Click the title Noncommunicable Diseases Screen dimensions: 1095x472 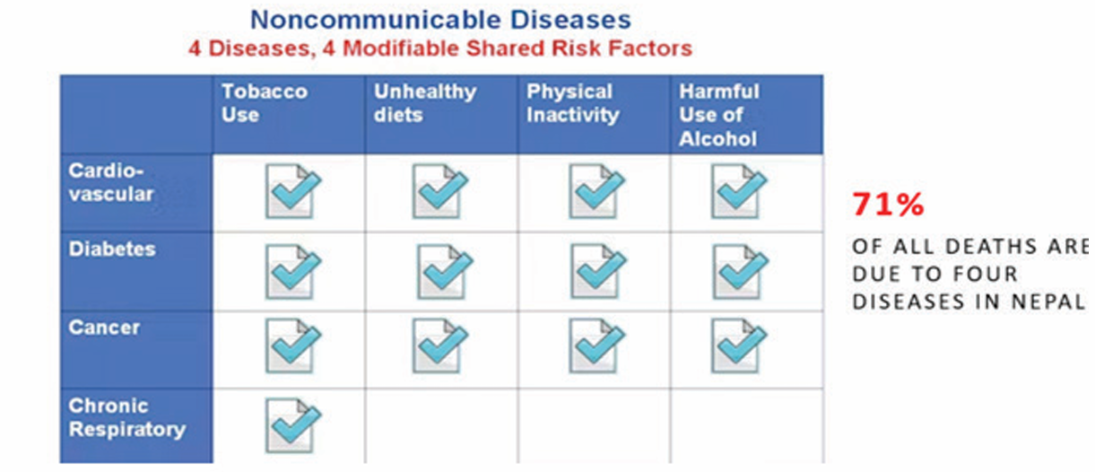coord(440,20)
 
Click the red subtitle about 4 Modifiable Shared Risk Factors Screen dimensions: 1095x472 coord(440,48)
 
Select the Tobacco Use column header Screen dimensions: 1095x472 coord(265,102)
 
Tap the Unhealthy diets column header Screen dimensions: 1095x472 coord(425,102)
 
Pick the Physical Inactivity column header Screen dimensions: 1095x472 coord(572,102)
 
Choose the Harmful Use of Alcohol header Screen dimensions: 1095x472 coord(718,115)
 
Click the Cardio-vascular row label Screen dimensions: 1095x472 coord(111,182)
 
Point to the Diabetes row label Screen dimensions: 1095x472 coord(112,249)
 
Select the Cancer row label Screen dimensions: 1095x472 coord(104,328)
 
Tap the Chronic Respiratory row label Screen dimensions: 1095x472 coord(127,417)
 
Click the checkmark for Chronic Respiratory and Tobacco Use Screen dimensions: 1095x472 coord(293,425)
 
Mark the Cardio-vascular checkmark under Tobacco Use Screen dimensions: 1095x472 coord(293,191)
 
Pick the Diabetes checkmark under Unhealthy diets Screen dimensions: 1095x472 coord(444,271)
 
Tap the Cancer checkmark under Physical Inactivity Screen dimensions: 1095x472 coord(596,345)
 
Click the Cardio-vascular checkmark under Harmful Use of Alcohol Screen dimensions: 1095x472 coord(739,191)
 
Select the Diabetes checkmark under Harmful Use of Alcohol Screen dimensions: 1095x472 coord(740,271)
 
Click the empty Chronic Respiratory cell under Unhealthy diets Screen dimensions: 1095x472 coord(441,425)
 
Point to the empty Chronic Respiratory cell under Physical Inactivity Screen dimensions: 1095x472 coord(595,425)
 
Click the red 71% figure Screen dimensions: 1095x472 coord(888,204)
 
